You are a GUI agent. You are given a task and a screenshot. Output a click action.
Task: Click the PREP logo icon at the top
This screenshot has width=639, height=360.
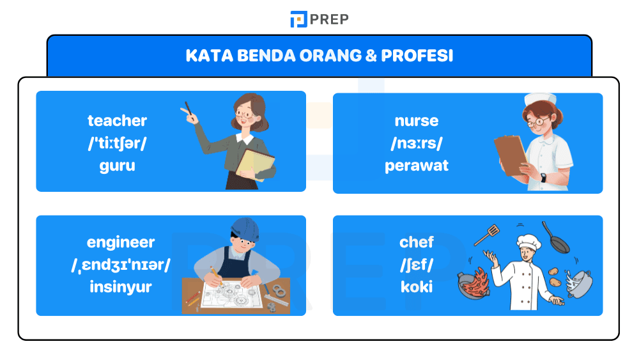click(298, 19)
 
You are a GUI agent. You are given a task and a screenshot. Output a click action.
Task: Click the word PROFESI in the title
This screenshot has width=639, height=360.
click(417, 56)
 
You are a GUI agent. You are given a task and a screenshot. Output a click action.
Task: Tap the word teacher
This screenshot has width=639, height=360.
click(117, 121)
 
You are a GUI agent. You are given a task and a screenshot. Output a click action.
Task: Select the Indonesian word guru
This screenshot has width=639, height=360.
click(117, 166)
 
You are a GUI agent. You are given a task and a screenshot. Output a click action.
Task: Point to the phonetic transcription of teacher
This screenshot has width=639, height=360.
click(117, 143)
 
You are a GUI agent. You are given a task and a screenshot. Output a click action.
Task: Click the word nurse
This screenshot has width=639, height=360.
click(416, 121)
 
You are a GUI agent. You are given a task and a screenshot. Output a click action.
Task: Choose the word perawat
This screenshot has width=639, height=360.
click(416, 166)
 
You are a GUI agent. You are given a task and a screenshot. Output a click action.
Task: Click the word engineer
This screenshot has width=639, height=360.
click(121, 242)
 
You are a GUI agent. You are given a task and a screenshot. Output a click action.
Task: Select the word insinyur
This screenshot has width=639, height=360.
click(121, 287)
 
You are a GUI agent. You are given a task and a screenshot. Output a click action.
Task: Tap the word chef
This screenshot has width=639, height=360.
click(416, 242)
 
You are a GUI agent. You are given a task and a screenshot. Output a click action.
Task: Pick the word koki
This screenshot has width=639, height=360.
click(416, 287)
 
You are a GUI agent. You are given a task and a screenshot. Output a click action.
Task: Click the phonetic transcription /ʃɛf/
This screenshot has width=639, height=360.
click(416, 265)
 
